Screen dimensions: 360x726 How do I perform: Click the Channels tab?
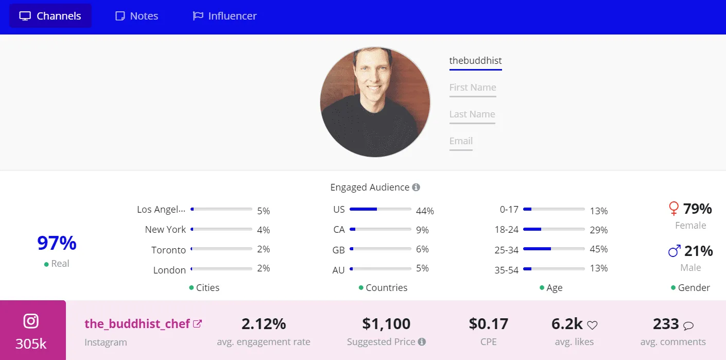[50, 16]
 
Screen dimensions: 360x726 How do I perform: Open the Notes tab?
[136, 16]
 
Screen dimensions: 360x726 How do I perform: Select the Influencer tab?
[224, 16]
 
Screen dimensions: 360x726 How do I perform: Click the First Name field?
[473, 88]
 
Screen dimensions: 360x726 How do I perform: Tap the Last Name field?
[472, 114]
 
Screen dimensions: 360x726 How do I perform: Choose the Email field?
[461, 141]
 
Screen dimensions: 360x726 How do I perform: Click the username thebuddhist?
[475, 61]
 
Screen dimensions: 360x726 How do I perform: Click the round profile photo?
[375, 102]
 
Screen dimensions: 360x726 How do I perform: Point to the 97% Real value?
[57, 243]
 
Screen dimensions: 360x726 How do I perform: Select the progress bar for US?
[380, 209]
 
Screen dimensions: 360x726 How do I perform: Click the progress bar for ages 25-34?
[554, 249]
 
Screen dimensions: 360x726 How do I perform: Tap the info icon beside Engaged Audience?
[416, 187]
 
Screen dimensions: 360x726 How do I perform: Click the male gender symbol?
[674, 251]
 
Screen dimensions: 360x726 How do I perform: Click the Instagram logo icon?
[31, 321]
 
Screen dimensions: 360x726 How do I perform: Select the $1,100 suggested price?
[386, 324]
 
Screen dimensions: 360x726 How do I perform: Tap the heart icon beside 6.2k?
[592, 325]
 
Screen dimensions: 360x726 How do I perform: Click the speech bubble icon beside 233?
[688, 325]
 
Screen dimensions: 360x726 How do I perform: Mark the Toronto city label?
[168, 250]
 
